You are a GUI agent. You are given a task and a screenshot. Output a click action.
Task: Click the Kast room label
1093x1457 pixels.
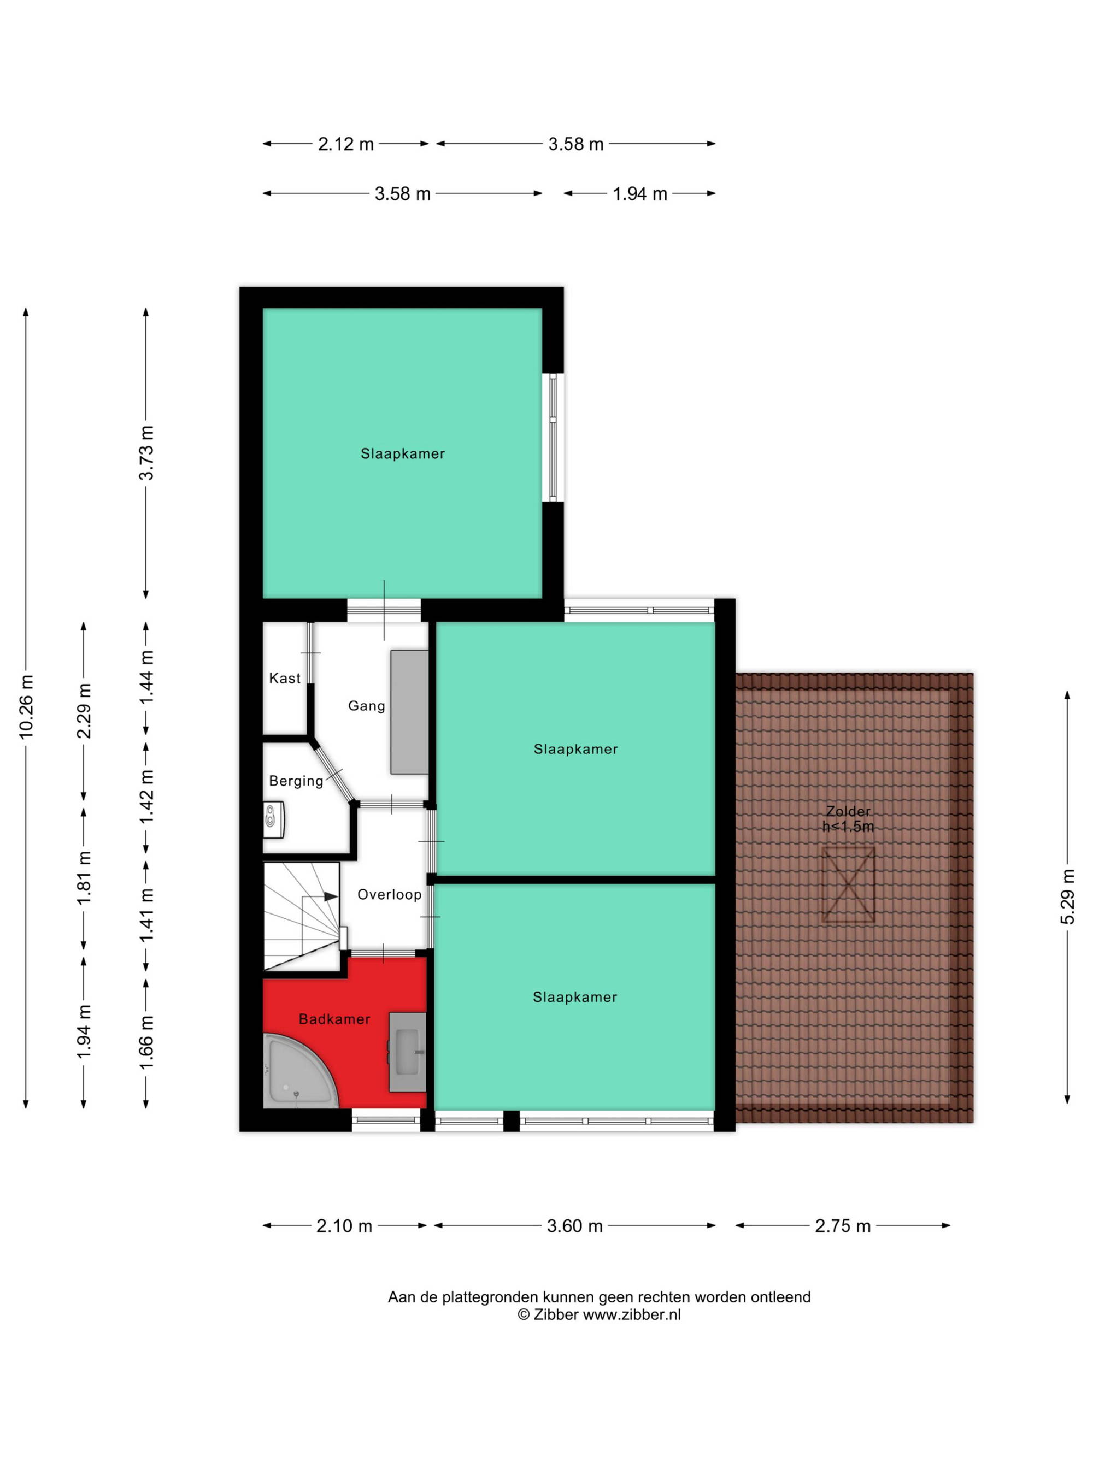pyautogui.click(x=285, y=678)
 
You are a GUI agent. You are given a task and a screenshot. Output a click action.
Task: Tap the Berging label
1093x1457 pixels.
pyautogui.click(x=296, y=781)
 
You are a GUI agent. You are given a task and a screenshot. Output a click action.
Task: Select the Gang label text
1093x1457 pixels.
pyautogui.click(x=366, y=706)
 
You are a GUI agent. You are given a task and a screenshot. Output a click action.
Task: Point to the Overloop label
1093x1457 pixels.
pyautogui.click(x=389, y=894)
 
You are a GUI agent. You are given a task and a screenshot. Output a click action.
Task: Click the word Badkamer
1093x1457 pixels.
pyautogui.click(x=334, y=1019)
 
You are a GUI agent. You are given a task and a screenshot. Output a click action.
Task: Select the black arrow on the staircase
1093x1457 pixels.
pyautogui.click(x=330, y=896)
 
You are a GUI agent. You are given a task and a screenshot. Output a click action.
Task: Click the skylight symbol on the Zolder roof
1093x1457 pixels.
pyautogui.click(x=848, y=884)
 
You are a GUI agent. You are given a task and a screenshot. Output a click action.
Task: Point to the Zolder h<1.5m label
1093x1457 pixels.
pyautogui.click(x=848, y=819)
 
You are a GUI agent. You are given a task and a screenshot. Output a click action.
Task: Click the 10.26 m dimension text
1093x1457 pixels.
pyautogui.click(x=26, y=706)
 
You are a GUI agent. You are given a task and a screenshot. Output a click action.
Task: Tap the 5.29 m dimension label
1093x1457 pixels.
pyautogui.click(x=1067, y=896)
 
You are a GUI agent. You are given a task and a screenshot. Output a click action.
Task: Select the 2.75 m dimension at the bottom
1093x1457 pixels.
pyautogui.click(x=843, y=1226)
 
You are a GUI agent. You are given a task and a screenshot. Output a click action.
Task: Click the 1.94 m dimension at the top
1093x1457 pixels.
pyautogui.click(x=640, y=193)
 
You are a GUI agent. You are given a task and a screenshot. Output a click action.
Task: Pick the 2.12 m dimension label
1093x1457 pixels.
pyautogui.click(x=346, y=144)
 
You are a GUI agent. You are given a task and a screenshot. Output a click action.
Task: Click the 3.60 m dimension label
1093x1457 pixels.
pyautogui.click(x=574, y=1226)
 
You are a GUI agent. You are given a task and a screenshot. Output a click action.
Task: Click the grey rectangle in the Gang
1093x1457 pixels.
pyautogui.click(x=409, y=712)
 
